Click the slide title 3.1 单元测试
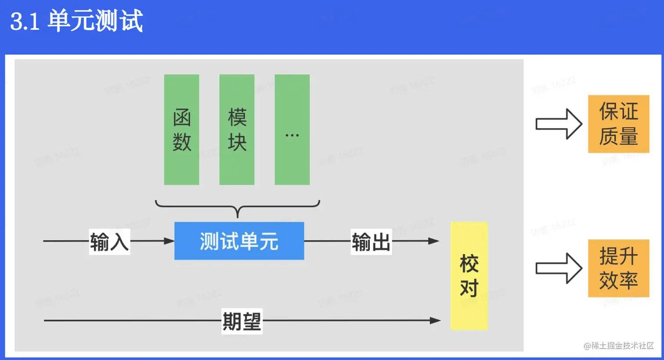tap(77, 21)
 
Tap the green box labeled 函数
tap(181, 130)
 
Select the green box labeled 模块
tap(237, 130)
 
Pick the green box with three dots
tap(292, 130)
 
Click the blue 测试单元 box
tap(239, 241)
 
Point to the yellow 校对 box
tap(469, 276)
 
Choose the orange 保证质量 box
tap(618, 124)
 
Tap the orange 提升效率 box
tap(618, 268)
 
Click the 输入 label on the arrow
tap(109, 241)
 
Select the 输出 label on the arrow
tap(371, 241)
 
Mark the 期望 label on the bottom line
tap(242, 321)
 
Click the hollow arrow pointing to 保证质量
tap(559, 124)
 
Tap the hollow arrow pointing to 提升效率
tap(559, 268)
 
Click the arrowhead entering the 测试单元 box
tap(169, 241)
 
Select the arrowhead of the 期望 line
tap(435, 320)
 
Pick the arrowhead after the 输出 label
tap(433, 241)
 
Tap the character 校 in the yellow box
tap(469, 264)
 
